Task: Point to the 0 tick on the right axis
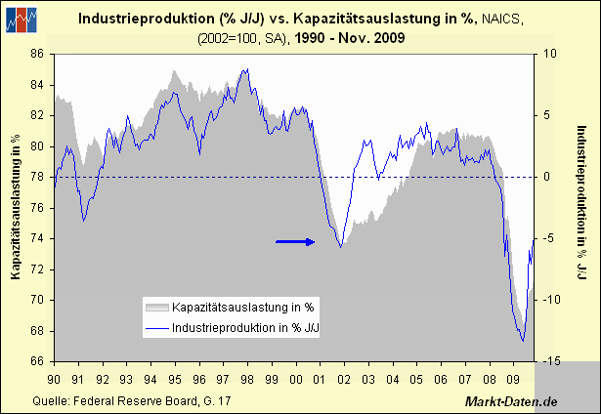point(549,177)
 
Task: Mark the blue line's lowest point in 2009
point(523,341)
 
